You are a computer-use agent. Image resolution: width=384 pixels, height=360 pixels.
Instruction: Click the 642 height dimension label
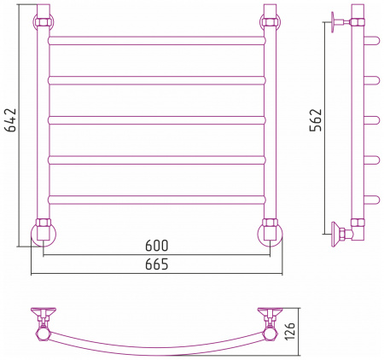point(11,119)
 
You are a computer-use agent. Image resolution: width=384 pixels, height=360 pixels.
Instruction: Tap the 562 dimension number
point(316,119)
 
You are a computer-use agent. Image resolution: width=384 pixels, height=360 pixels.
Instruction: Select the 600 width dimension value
point(157,246)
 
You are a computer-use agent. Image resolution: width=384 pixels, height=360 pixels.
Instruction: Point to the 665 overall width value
point(157,264)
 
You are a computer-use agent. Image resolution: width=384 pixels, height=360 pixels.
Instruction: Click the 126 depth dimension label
point(290,331)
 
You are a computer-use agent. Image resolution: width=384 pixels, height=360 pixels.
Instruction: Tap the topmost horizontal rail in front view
point(157,41)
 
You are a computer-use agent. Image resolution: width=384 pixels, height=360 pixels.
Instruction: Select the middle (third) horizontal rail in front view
point(157,120)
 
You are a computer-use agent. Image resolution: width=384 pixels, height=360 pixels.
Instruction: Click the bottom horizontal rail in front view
point(157,200)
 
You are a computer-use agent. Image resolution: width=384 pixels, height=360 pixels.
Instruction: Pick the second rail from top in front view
point(157,80)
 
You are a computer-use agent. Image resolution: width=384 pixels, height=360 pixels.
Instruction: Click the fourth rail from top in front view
point(157,160)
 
